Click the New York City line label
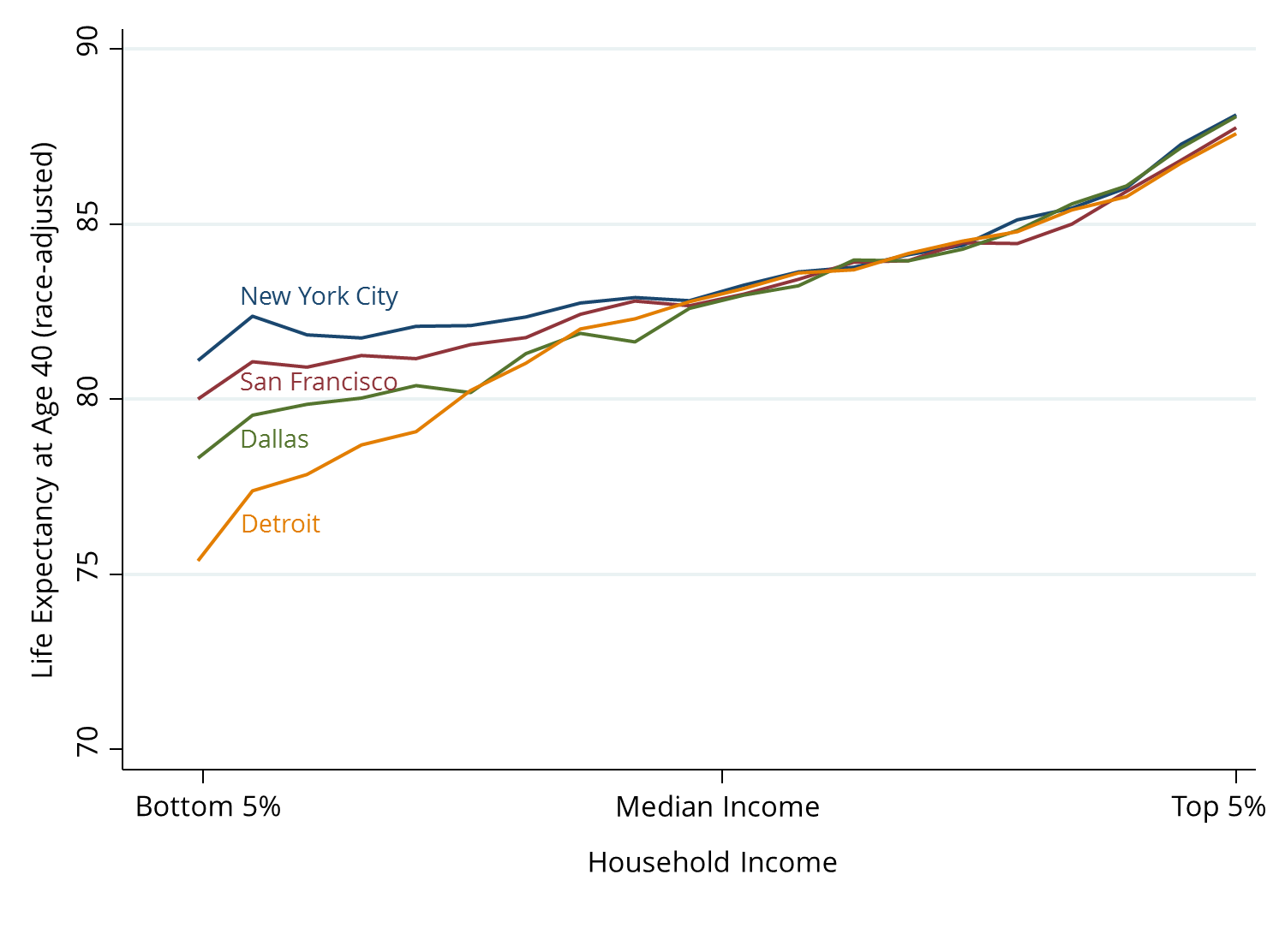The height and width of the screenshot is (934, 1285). [x=319, y=296]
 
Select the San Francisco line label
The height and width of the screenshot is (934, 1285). [x=319, y=382]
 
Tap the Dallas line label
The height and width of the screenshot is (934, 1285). [x=274, y=439]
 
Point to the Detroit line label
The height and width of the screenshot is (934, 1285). [x=281, y=524]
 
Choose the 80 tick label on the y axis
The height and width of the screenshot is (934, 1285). [x=87, y=399]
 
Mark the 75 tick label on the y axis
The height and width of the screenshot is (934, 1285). [x=87, y=574]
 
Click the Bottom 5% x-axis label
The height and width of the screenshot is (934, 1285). [x=208, y=807]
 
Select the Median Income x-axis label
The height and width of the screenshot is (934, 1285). [x=717, y=807]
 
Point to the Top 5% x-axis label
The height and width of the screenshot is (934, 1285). [x=1218, y=807]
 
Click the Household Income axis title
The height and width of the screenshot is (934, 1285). [x=712, y=863]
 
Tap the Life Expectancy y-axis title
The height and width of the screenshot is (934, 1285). [x=43, y=411]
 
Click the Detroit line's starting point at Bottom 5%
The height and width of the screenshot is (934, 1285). [x=199, y=560]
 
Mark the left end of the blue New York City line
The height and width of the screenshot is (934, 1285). [x=199, y=360]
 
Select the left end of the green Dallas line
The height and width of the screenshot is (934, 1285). [x=199, y=457]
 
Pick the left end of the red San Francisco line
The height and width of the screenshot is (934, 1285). [x=199, y=398]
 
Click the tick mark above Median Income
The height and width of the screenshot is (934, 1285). [x=722, y=776]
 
